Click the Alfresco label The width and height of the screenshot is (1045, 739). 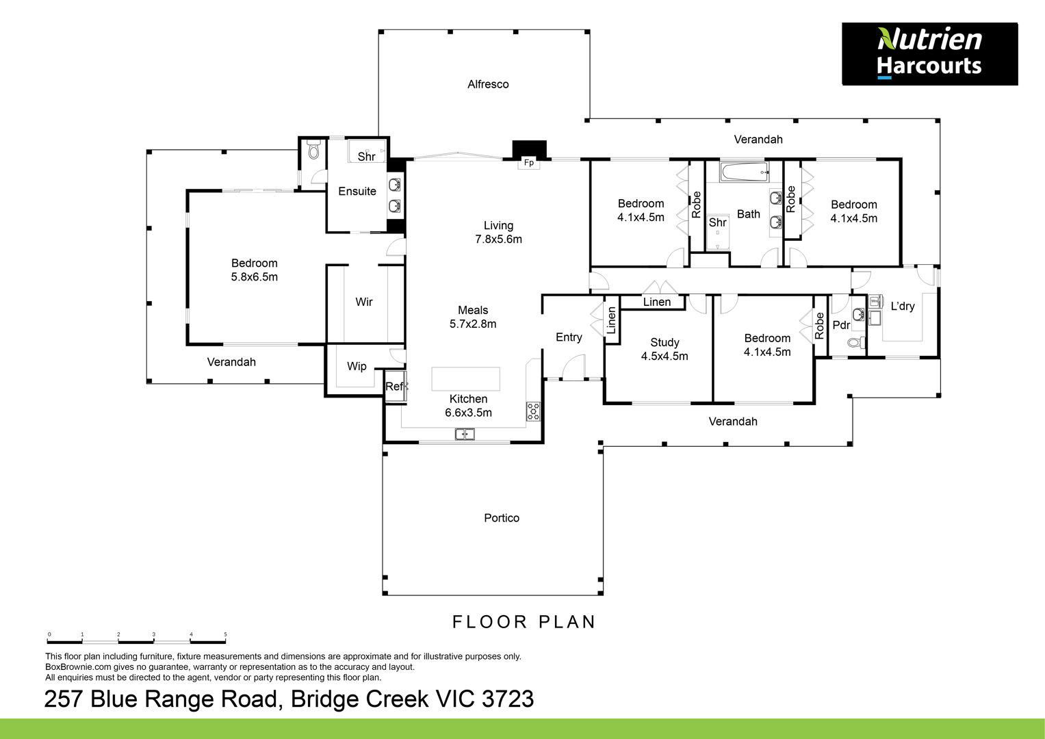click(488, 84)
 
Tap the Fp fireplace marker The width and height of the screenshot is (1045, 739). click(528, 163)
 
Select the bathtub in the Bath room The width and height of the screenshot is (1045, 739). click(745, 172)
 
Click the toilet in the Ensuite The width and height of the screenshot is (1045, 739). click(313, 149)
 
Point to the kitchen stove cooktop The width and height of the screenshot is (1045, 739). click(533, 411)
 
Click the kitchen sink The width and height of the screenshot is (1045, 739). click(465, 435)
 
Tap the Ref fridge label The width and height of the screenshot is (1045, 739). click(395, 387)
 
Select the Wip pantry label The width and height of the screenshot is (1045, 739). click(357, 367)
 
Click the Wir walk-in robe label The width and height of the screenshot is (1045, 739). click(364, 302)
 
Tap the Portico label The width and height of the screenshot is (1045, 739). click(502, 518)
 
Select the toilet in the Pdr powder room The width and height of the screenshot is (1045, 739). click(855, 343)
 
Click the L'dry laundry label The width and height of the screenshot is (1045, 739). click(903, 307)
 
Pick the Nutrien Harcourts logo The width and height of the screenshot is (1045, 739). click(930, 53)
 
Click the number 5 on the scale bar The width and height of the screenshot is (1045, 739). click(225, 634)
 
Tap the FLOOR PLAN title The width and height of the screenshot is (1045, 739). click(524, 622)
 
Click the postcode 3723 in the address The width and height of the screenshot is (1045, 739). click(508, 699)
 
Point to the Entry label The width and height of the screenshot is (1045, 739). click(569, 337)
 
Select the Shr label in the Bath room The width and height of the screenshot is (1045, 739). click(717, 222)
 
